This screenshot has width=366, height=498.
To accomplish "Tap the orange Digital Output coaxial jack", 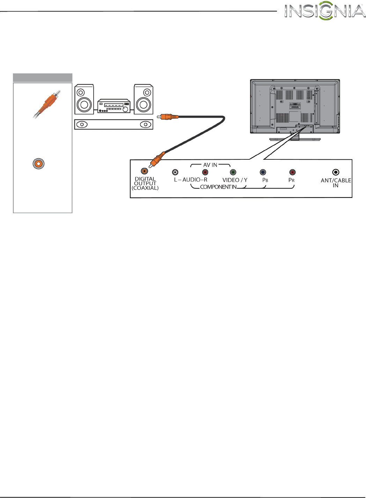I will (x=144, y=171).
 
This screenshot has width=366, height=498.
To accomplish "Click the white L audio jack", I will (x=175, y=172).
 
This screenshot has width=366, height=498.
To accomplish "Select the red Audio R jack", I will (x=205, y=172).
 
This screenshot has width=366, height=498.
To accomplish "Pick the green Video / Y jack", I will (x=233, y=172).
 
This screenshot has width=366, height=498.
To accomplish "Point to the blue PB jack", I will (x=263, y=172).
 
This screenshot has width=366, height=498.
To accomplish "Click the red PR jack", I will (x=292, y=172).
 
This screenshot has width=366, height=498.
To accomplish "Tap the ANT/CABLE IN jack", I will (x=336, y=172).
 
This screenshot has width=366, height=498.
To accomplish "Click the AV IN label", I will (x=210, y=165).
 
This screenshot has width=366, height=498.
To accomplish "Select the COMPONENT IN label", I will (x=218, y=187).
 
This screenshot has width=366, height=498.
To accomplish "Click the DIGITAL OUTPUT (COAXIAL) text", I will (x=145, y=183).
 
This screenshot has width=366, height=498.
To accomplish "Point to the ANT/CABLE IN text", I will (x=336, y=183).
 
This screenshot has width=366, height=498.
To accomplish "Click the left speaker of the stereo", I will (x=84, y=99).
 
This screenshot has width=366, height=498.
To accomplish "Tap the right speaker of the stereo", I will (x=144, y=99).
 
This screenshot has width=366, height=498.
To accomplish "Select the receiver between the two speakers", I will (x=114, y=106).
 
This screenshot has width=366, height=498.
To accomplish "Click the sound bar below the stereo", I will (x=114, y=124).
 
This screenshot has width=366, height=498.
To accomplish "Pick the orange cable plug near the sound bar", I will (x=168, y=116).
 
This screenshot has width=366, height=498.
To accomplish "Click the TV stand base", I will (x=295, y=139).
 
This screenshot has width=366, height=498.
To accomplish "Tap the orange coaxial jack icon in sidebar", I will (x=38, y=164).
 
